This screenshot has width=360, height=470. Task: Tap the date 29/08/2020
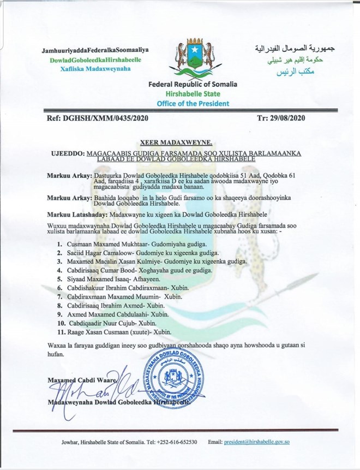click(291, 117)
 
